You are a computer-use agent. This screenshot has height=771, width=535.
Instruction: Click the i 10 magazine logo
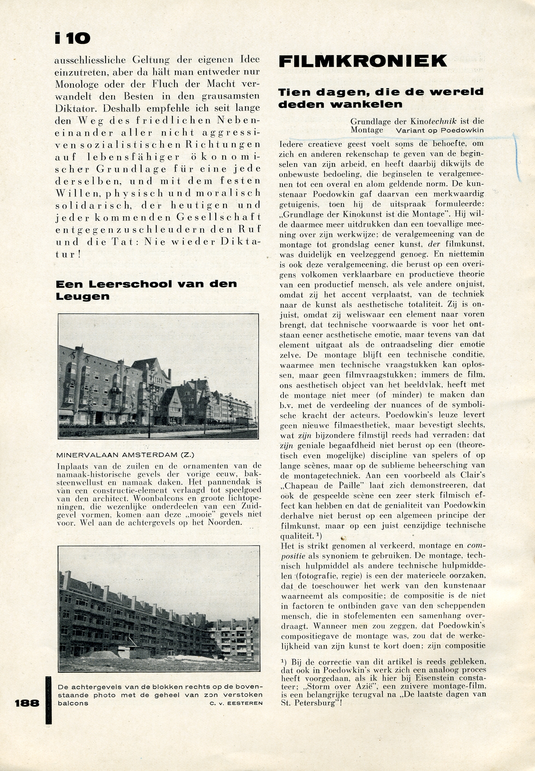point(72,38)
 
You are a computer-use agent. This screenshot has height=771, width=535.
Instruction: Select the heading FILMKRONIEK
point(362,61)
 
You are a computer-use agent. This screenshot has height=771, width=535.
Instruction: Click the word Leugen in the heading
point(82,297)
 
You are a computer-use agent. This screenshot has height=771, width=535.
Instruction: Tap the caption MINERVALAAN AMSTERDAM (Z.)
point(126,455)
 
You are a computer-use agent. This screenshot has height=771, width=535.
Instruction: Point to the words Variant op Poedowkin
point(439,130)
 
